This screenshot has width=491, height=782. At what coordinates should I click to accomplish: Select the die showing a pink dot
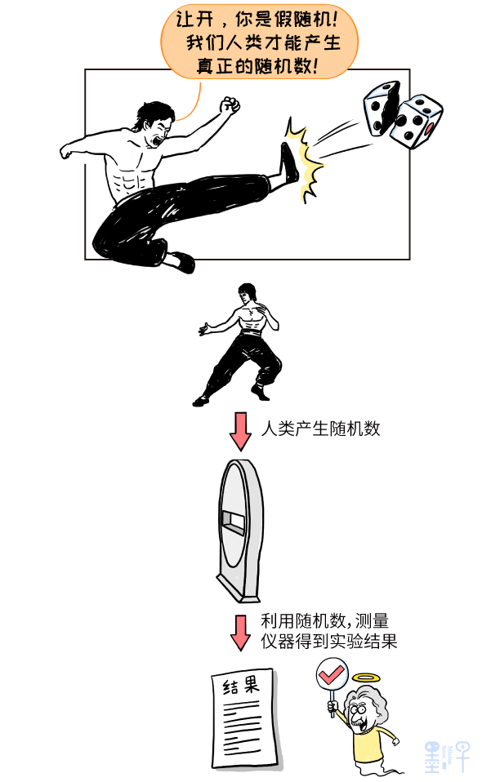(415, 122)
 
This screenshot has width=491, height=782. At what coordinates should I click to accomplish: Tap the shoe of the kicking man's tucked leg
(181, 262)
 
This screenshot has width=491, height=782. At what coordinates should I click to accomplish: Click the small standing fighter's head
(245, 293)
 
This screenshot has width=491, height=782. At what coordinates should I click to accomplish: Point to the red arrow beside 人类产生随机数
(240, 431)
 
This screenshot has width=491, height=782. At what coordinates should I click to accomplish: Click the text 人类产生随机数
(320, 429)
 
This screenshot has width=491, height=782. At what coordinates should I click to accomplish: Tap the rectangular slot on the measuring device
(233, 522)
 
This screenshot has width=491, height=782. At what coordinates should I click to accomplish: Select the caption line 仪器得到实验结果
(328, 641)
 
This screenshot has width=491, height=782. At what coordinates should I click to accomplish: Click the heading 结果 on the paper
(242, 686)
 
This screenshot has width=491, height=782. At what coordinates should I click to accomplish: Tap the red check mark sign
(332, 675)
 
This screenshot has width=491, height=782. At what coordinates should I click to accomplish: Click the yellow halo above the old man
(366, 678)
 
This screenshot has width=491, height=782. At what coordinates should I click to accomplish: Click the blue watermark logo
(447, 756)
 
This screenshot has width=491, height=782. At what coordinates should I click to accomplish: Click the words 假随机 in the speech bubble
(302, 19)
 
